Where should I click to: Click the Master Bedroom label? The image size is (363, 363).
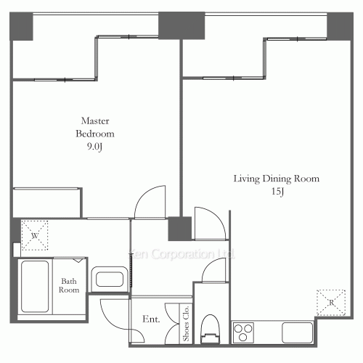(x=95, y=128)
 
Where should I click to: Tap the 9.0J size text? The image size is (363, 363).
(x=95, y=146)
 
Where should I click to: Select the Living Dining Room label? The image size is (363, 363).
(x=276, y=179)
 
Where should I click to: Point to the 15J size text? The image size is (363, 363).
(x=276, y=192)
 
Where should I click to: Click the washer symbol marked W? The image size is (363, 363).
(x=34, y=234)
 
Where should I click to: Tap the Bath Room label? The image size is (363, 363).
(x=70, y=286)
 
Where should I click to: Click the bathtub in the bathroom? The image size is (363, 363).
(x=33, y=287)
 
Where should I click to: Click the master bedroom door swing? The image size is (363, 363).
(x=151, y=201)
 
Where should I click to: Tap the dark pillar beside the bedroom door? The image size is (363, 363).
(x=178, y=229)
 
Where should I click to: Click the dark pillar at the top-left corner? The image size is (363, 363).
(x=23, y=26)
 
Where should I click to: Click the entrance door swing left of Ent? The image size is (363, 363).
(x=115, y=315)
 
